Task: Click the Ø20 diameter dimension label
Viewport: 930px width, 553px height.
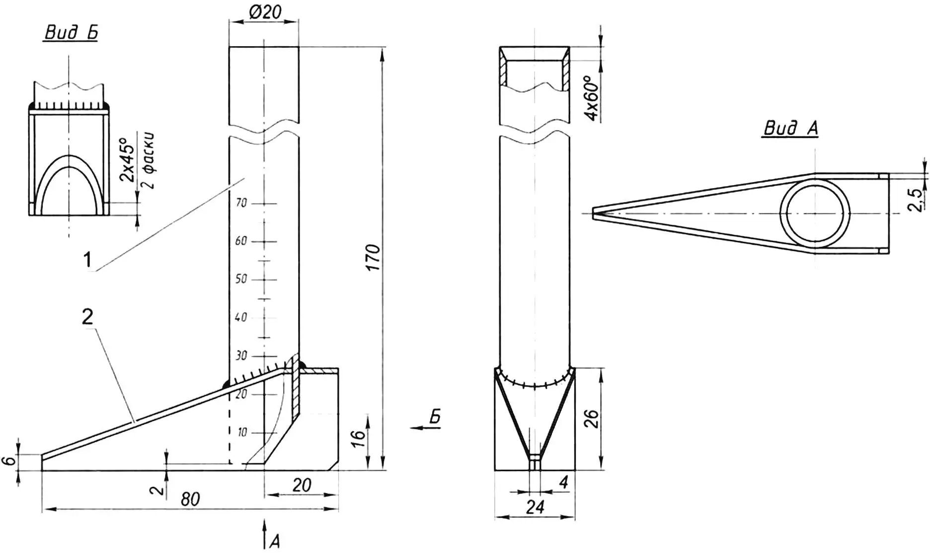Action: pyautogui.click(x=265, y=11)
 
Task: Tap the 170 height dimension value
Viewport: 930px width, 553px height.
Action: pyautogui.click(x=373, y=257)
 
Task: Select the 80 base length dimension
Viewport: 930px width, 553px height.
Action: pyautogui.click(x=190, y=499)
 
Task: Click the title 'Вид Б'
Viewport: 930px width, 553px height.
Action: pyautogui.click(x=71, y=33)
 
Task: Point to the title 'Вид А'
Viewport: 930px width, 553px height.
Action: pyautogui.click(x=790, y=129)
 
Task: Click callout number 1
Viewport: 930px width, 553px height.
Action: pyautogui.click(x=87, y=259)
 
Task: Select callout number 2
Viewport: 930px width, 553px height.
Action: pyautogui.click(x=87, y=317)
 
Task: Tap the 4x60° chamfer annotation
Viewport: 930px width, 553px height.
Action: pyautogui.click(x=592, y=98)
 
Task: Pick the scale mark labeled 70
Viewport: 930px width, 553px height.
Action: pyautogui.click(x=241, y=203)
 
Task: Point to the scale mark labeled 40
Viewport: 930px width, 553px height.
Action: pyautogui.click(x=241, y=317)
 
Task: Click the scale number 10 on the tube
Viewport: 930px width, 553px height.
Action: pyautogui.click(x=242, y=432)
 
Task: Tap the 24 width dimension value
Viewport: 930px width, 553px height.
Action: pyautogui.click(x=535, y=507)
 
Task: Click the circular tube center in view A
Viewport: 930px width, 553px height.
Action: pyautogui.click(x=815, y=213)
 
